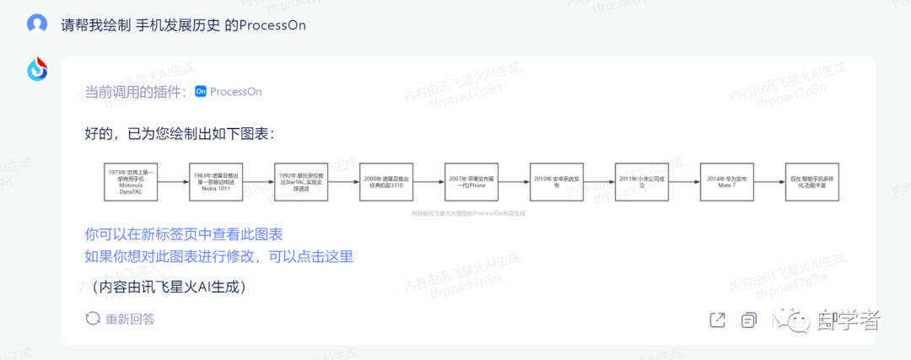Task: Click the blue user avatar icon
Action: [x=37, y=24]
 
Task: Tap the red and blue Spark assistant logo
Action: [x=37, y=71]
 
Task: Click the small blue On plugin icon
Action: [x=201, y=91]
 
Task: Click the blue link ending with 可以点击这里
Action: [x=218, y=256]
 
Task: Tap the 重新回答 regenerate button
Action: [x=121, y=319]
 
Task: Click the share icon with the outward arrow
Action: [x=717, y=320]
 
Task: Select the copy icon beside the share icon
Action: [x=747, y=320]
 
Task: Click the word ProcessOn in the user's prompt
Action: [x=272, y=24]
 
